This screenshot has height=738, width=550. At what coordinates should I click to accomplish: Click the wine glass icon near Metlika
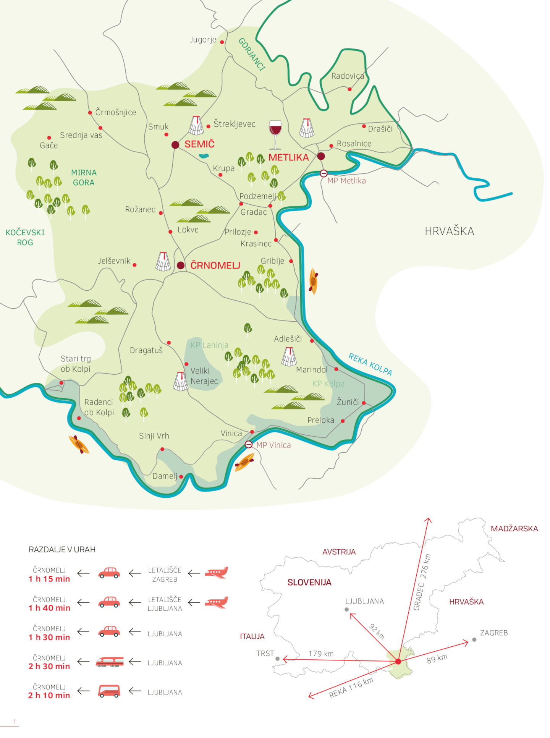(275, 134)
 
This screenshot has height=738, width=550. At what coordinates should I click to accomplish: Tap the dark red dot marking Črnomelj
(181, 265)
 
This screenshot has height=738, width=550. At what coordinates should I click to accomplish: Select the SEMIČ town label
(199, 144)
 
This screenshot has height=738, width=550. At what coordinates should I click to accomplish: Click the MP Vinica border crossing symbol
(249, 444)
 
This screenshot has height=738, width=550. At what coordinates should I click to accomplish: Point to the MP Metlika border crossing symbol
(324, 173)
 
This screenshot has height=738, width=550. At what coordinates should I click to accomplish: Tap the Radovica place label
(348, 76)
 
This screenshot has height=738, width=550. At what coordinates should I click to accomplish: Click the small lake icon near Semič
(204, 156)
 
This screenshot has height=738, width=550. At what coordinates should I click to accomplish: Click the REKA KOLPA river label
(370, 364)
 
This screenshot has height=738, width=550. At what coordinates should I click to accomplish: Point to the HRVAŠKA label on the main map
(450, 231)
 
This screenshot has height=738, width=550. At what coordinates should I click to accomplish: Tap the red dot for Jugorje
(222, 42)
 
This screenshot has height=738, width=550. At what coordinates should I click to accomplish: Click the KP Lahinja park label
(209, 345)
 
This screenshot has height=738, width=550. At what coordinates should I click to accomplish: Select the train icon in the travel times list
(110, 662)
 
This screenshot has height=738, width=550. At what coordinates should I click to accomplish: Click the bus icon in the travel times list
(109, 691)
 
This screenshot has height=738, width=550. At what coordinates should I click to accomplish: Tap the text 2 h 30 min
(49, 666)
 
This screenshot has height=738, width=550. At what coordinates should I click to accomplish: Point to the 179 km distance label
(321, 654)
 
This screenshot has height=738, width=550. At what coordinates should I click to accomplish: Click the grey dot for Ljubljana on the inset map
(346, 609)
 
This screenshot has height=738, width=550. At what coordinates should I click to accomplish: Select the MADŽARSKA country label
(514, 529)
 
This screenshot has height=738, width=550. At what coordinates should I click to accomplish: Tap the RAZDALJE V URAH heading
(62, 549)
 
